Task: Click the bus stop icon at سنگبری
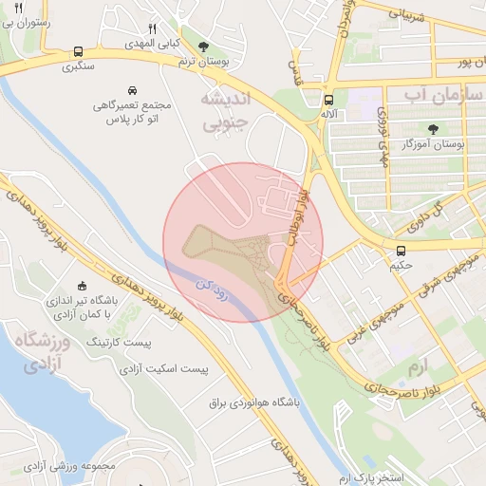77,53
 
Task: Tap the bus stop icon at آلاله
328,100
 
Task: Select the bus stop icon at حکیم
402,251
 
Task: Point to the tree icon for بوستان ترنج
203,46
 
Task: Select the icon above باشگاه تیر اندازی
82,285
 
